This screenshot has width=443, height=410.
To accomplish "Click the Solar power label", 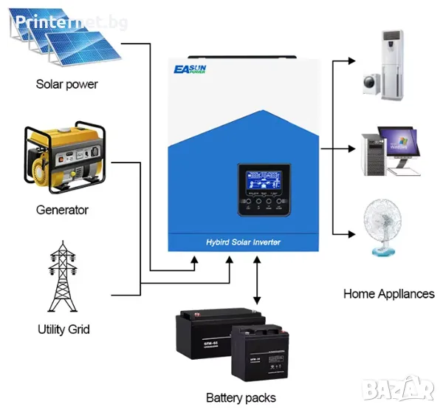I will pos(66,84).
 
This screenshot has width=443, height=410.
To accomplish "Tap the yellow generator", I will pos(65,157).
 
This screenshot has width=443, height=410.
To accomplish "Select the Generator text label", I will pos(62,210).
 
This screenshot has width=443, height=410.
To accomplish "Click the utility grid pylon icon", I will pos(63,276).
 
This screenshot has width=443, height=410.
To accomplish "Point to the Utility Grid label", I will pos(63,329).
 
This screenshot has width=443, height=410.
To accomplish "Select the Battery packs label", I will pos(241,398).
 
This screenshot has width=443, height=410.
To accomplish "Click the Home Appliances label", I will pos(388,293).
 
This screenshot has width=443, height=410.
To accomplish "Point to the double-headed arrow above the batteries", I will pos(257,280).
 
